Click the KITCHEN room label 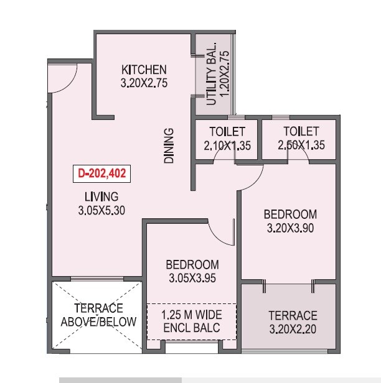[144, 69]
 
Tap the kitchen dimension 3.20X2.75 [144, 81]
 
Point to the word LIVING [103, 198]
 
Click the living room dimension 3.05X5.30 [102, 210]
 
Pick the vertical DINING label [169, 145]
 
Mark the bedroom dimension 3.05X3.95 [191, 278]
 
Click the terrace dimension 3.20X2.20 [292, 328]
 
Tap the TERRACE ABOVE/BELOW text [98, 315]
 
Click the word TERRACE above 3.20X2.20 [292, 316]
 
